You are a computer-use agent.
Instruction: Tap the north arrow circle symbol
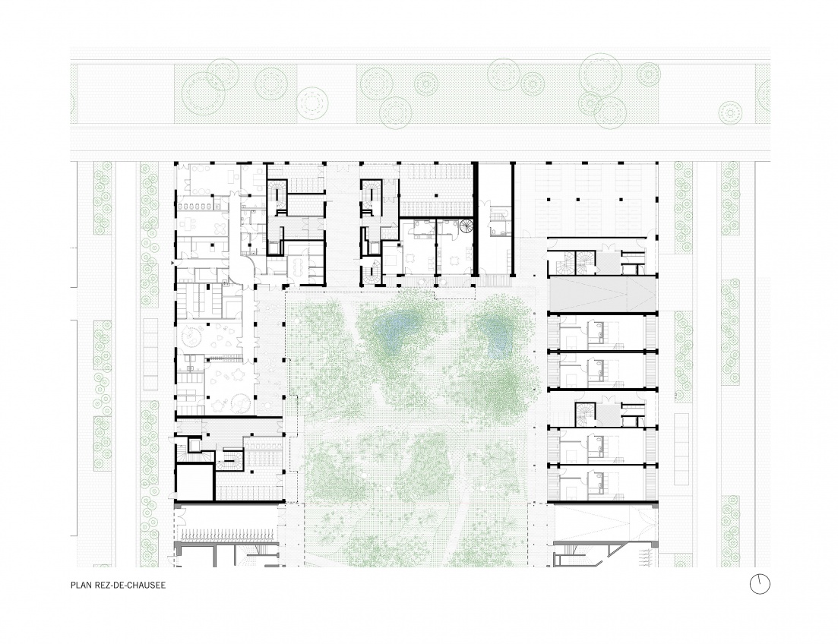(760, 584)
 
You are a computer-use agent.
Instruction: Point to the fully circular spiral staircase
(466, 226)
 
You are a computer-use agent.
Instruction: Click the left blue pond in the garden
(398, 329)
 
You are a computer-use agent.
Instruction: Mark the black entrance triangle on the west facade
(172, 264)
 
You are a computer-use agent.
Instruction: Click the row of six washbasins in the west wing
(194, 205)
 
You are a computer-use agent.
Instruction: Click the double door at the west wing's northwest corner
(187, 186)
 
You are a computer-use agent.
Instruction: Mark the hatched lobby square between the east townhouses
(607, 415)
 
